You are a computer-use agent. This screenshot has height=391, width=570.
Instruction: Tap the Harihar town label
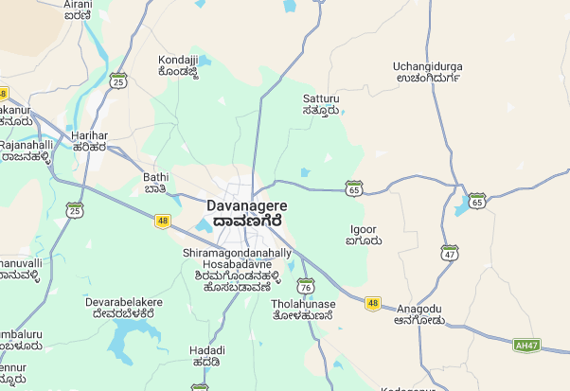coord(89,142)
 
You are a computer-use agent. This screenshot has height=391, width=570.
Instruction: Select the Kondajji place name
coord(177,65)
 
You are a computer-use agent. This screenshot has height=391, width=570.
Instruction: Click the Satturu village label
coord(321,104)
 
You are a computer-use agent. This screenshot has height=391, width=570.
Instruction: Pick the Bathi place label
coord(155,182)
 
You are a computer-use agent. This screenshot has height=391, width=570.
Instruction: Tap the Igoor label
coord(364,235)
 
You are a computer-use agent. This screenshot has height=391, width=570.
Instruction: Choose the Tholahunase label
coord(302,309)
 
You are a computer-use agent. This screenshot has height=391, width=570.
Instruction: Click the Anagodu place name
coord(419,314)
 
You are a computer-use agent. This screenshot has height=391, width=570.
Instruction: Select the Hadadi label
coord(205,356)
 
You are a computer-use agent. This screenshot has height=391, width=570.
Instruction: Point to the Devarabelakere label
coord(124,307)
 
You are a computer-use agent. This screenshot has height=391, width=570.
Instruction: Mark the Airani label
coord(78,10)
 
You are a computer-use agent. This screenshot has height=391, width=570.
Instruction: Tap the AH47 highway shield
coord(526,345)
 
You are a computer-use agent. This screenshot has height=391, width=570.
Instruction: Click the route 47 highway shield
coord(450,253)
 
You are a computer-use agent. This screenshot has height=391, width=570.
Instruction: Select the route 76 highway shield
coord(305,286)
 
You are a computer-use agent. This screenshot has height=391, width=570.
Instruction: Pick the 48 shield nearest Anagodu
coord(373,304)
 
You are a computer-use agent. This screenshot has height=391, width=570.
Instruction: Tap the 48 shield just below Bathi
coord(163,221)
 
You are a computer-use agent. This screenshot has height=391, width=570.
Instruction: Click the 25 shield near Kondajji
coord(117,81)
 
